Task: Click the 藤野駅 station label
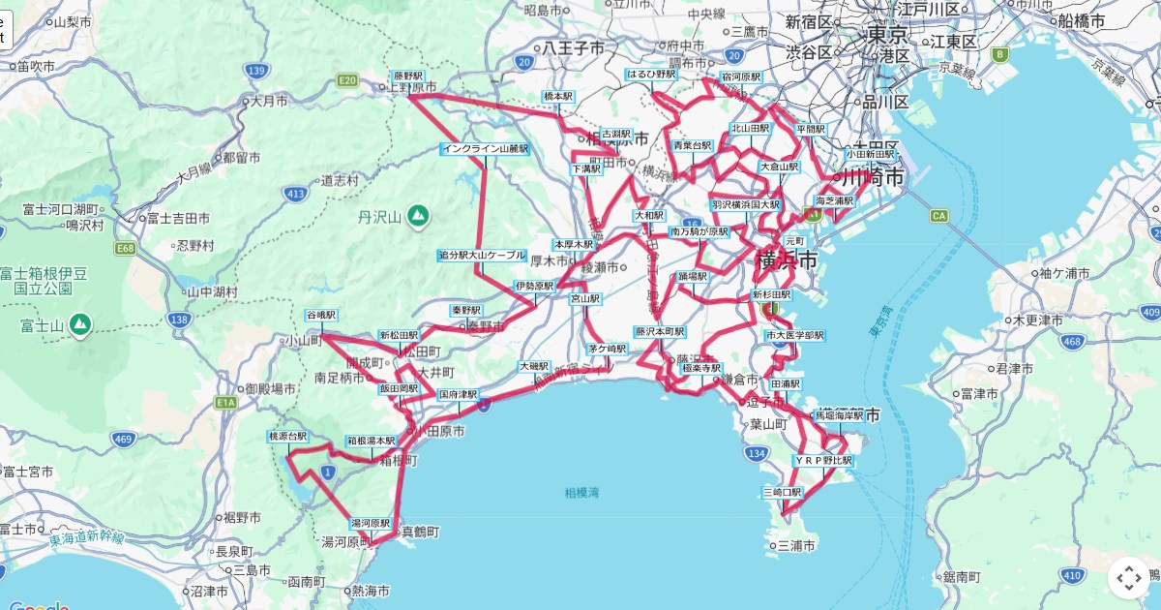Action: pos(407,76)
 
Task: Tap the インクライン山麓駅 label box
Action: pos(485,149)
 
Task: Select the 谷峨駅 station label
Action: pos(320,315)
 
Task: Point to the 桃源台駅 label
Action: pos(287,437)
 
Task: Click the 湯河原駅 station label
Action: pos(370,523)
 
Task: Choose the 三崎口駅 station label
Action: pos(783,492)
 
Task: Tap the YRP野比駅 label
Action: pos(823,461)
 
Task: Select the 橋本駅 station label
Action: pos(558,97)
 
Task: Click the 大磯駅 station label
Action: pos(534,367)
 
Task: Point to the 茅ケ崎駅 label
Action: pos(608,348)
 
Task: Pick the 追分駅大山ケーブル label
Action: pos(482,255)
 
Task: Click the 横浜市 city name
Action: pos(786,260)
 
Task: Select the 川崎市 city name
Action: pos(873,178)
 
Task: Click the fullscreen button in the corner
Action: pos(1129,579)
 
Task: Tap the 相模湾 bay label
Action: pos(582,493)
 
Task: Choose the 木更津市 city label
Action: pos(1038,320)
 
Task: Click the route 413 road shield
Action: pos(296,195)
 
